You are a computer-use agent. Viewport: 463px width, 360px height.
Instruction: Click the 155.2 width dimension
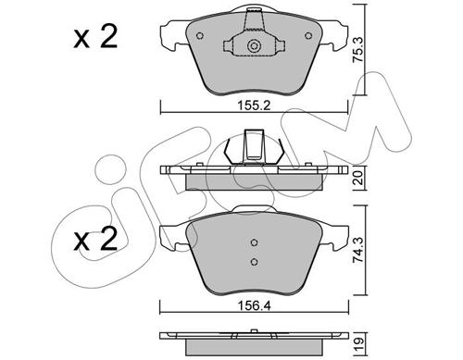254,106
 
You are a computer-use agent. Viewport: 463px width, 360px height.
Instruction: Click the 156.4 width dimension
254,305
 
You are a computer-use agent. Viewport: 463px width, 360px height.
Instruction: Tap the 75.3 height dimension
358,50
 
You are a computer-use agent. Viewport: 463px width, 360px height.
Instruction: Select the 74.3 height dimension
358,250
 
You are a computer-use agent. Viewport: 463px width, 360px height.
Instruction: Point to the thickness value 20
358,178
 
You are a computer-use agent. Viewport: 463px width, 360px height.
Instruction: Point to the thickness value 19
358,341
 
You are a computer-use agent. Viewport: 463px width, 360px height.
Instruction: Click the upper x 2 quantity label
95,37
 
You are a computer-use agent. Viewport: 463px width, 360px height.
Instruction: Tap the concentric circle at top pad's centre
254,46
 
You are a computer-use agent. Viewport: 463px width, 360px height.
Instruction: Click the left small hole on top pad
200,36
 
